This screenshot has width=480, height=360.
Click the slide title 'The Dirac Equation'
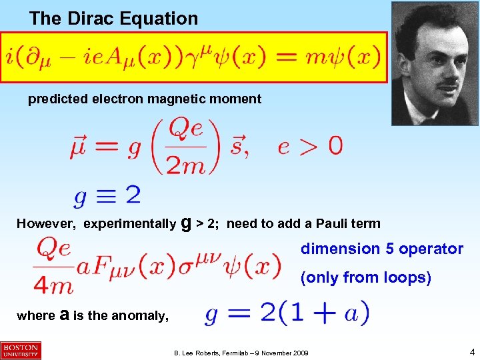113,19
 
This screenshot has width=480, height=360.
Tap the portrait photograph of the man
434,63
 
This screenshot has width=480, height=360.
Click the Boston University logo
21,350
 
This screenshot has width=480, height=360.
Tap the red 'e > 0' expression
310,146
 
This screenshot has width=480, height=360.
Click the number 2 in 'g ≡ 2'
132,195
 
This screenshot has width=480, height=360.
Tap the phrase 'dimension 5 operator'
382,249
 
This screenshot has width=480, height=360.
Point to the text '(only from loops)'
366,277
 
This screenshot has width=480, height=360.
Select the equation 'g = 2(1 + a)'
287,313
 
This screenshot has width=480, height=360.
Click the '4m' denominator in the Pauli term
54,285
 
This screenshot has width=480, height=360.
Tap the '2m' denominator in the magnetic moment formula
185,165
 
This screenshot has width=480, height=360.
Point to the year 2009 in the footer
300,351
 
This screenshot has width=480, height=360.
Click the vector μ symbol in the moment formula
79,145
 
